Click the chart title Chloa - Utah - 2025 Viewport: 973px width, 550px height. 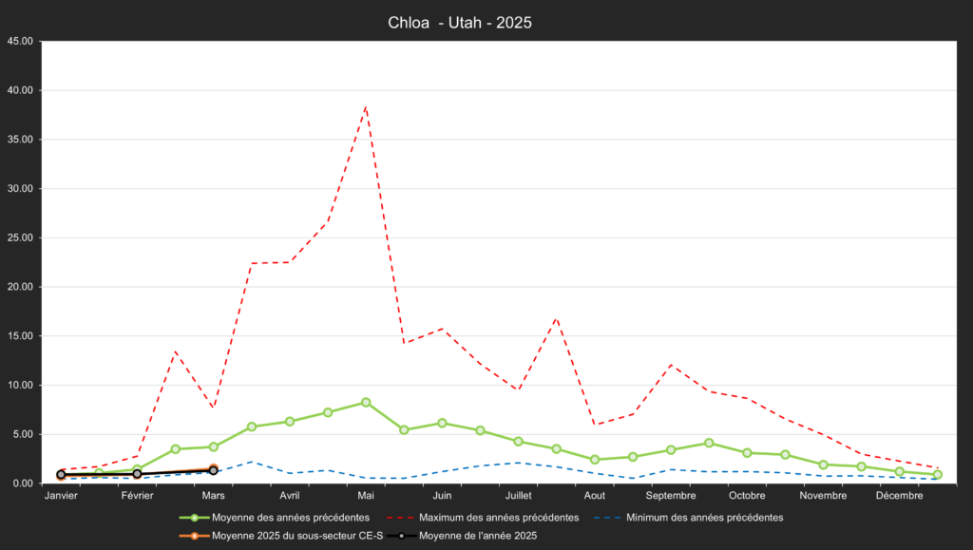[x=460, y=23]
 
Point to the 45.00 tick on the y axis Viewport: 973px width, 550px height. [x=20, y=42]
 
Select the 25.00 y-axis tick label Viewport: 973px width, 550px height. [x=20, y=237]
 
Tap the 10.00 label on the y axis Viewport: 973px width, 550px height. [x=20, y=385]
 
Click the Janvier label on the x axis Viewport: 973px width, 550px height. [x=61, y=496]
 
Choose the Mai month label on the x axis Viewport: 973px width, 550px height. [x=366, y=496]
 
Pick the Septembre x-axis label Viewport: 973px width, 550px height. [x=671, y=496]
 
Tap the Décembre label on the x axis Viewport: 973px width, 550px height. [x=899, y=496]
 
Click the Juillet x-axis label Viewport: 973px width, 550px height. [x=518, y=496]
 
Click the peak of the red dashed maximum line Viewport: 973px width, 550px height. [x=366, y=107]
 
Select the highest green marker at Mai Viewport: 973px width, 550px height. [x=366, y=403]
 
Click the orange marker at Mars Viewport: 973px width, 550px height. [x=214, y=469]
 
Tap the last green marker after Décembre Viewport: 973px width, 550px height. [x=937, y=475]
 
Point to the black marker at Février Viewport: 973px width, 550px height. [x=137, y=474]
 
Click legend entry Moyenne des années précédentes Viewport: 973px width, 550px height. [x=275, y=518]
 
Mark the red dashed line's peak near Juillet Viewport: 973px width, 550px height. [x=556, y=318]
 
